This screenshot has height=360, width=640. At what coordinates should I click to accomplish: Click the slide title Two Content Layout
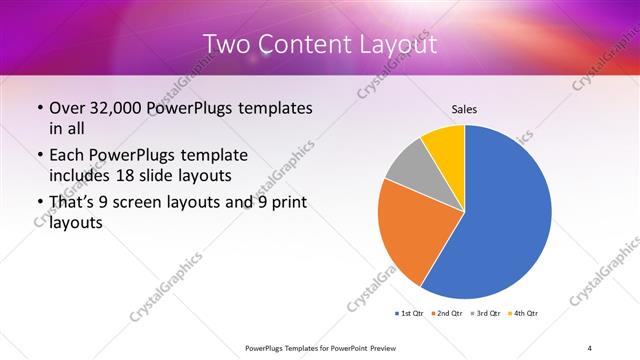(319, 45)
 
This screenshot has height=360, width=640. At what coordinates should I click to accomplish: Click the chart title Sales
(465, 109)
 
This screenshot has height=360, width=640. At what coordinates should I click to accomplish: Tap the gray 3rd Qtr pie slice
(409, 164)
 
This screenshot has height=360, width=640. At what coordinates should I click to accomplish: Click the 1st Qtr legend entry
(410, 314)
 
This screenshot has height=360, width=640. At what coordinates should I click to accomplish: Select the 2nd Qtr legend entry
(447, 314)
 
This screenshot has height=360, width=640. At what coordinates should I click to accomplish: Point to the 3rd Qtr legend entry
(484, 314)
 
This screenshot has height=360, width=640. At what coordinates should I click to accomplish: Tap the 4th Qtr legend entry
(521, 314)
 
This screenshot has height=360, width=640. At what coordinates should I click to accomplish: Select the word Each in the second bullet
(67, 156)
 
